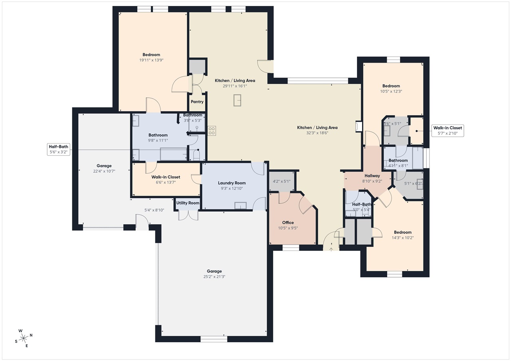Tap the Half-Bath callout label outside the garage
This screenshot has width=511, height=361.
[x=58, y=149]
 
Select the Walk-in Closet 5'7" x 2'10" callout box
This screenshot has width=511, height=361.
[x=448, y=130]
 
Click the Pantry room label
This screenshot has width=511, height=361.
[x=197, y=102]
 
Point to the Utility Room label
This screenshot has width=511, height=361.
[x=188, y=203]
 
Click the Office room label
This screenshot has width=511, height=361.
[x=288, y=223]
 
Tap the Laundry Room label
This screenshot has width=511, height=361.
[x=232, y=183]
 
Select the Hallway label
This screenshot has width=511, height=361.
[x=372, y=176]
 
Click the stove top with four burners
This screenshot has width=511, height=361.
[x=212, y=130]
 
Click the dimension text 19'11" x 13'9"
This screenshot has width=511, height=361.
[x=151, y=60]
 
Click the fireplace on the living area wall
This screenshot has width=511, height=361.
[x=358, y=126]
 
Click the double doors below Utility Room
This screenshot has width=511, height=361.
[x=188, y=215]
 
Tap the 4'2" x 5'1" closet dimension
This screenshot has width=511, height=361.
[x=281, y=181]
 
